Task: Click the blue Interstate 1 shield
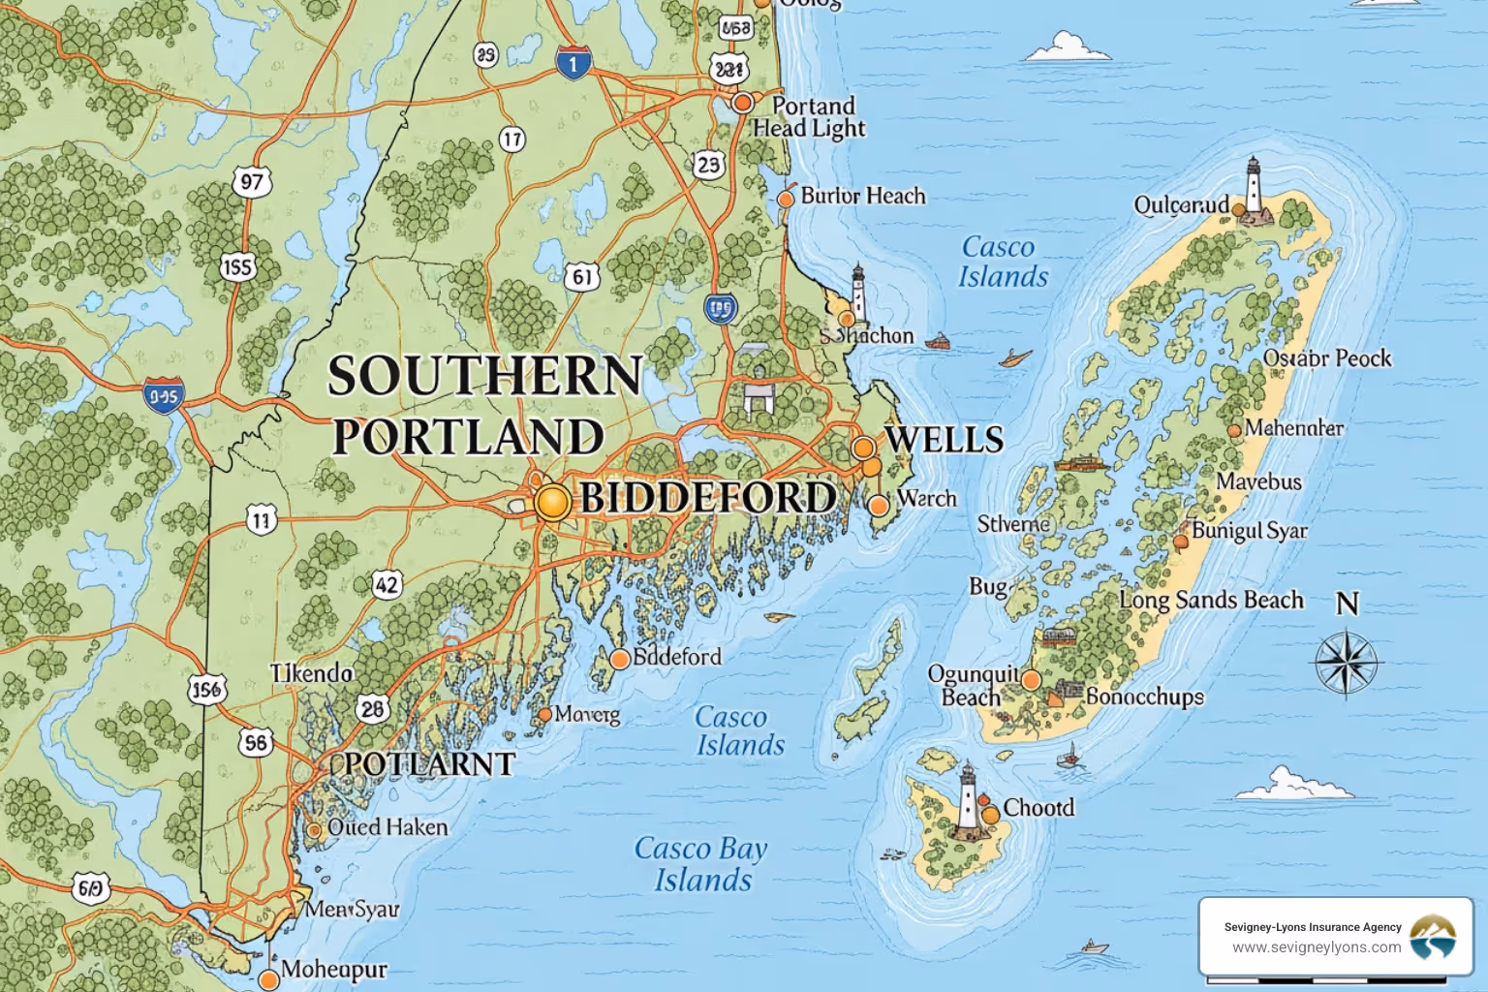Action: [573, 63]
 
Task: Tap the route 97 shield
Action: [252, 182]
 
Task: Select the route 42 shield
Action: [387, 584]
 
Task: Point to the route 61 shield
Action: [581, 277]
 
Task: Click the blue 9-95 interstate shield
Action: [164, 395]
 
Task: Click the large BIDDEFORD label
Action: [707, 498]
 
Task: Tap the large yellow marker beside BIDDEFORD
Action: [552, 503]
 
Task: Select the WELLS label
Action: [944, 439]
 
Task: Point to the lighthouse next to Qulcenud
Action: [1254, 187]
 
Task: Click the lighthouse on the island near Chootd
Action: [968, 798]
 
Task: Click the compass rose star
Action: [1347, 664]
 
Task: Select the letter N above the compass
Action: [1348, 604]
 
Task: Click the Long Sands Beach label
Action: [1211, 600]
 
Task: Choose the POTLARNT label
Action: [429, 763]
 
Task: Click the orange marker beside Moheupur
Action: [269, 979]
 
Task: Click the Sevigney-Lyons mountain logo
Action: [1432, 937]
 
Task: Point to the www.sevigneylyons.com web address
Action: [1316, 947]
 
